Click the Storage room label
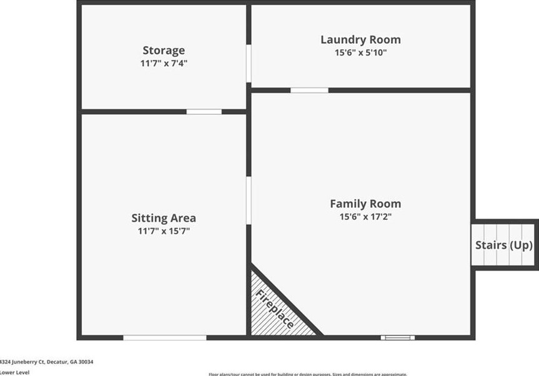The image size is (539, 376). tap(164, 51)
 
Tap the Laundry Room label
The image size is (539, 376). tap(360, 40)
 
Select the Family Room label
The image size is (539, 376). tap(365, 204)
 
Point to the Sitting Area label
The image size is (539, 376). tap(164, 218)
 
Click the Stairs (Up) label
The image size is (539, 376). tap(504, 245)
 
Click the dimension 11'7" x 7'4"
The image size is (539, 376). tap(164, 64)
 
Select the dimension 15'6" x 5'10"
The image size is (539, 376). tap(360, 53)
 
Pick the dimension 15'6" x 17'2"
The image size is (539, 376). tap(365, 217)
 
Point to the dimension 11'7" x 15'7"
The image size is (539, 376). tap(164, 231)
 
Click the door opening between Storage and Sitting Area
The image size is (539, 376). tap(204, 112)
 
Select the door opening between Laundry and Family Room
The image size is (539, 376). tap(309, 91)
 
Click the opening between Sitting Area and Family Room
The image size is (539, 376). tap(249, 200)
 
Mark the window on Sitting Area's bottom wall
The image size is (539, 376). tap(164, 338)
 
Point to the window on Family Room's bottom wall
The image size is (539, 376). tap(398, 338)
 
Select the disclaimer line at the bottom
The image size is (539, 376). tap(308, 374)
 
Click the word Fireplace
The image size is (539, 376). tap(275, 310)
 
